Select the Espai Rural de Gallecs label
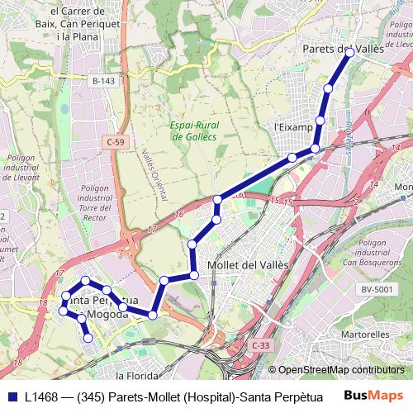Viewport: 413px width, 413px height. click(193, 131)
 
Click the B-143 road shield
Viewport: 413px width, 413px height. click(103, 81)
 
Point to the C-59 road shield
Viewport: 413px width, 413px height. click(116, 142)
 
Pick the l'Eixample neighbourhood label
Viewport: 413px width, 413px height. click(294, 128)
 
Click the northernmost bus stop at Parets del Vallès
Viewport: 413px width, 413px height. click(349, 52)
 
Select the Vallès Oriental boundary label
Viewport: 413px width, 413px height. click(151, 174)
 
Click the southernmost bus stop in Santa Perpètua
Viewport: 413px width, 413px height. click(88, 336)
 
